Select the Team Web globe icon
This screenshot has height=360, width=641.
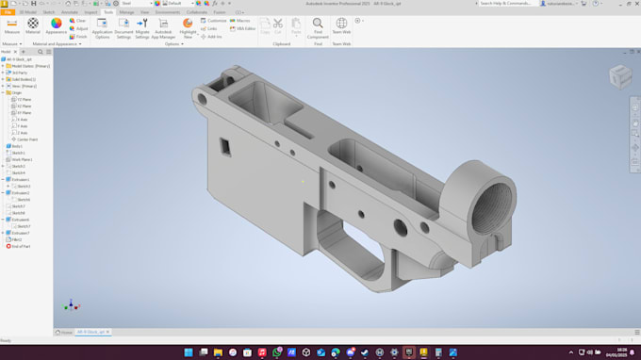[341, 25]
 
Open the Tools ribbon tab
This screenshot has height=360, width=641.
[108, 12]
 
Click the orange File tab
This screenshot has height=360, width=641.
[8, 12]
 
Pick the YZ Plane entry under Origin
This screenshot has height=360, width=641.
[25, 99]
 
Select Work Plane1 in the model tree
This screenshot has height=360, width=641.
[24, 159]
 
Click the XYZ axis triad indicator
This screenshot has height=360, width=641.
[70, 304]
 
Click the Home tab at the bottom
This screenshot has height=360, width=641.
[66, 333]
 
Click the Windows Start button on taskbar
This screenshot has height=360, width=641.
[189, 352]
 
